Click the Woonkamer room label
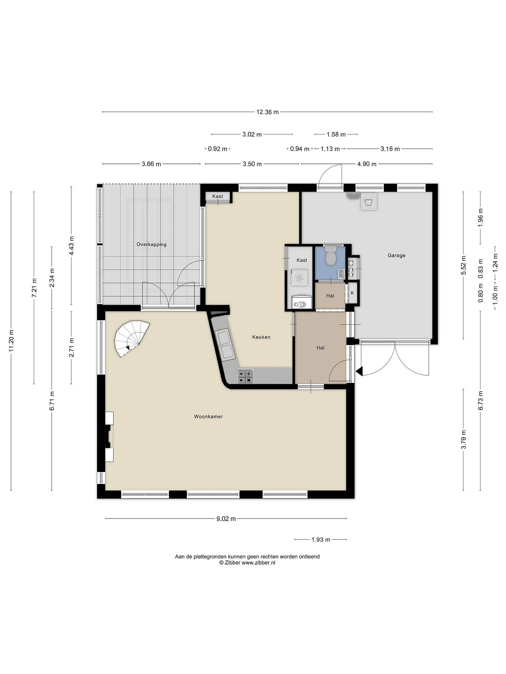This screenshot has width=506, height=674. click(208, 417)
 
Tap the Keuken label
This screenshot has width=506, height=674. click(261, 337)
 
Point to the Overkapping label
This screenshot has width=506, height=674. click(151, 244)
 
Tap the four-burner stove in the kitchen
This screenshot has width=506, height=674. click(245, 376)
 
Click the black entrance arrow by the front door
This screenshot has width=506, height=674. click(359, 371)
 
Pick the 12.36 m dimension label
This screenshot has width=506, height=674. click(268, 112)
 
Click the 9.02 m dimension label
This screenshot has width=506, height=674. click(226, 519)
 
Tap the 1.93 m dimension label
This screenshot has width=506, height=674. click(320, 540)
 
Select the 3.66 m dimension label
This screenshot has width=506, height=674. click(151, 164)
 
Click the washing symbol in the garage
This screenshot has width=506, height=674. click(369, 202)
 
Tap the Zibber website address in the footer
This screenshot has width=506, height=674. click(258, 563)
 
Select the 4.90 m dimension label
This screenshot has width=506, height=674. click(367, 164)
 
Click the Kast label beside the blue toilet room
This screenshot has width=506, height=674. click(302, 260)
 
